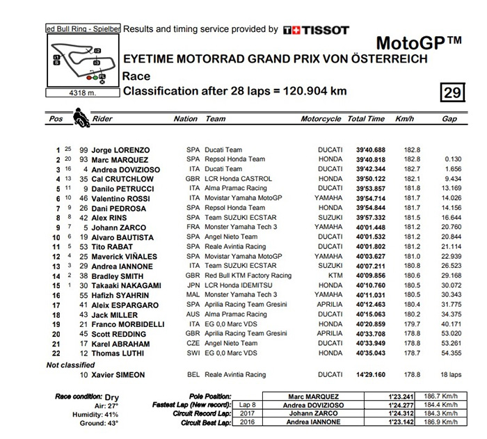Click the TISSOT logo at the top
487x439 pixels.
coord(317,30)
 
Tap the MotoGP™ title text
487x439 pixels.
coord(420,42)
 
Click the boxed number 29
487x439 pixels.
coord(452,93)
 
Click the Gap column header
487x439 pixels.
coord(449,119)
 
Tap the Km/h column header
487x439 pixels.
coord(404,119)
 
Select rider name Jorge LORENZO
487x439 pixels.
coord(120,150)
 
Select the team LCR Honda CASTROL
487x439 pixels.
coord(237,179)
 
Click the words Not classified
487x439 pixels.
coord(70,365)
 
